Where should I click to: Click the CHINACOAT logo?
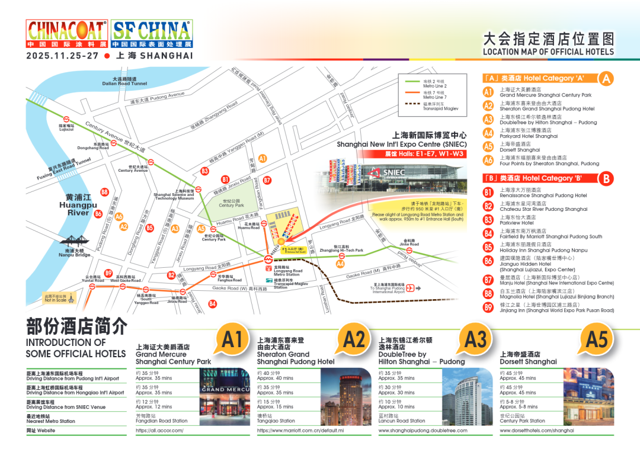[66, 34]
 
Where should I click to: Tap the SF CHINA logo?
[152, 34]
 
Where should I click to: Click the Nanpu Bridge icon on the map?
[74, 242]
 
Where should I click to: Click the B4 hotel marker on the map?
[212, 304]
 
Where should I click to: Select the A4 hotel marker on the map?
[340, 264]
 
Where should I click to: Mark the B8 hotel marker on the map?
[104, 192]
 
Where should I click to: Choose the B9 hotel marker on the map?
[108, 273]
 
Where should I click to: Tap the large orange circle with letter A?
[606, 79]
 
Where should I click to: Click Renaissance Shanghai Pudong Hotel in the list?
[543, 195]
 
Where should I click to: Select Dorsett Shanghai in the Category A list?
[520, 150]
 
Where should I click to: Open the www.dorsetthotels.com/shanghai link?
[537, 431]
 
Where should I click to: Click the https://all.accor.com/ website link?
[159, 431]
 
